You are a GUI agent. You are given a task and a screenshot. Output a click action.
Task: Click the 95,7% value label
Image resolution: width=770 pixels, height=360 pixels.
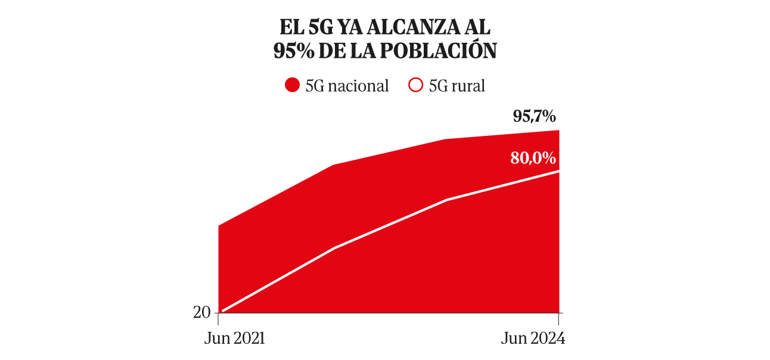click(x=534, y=117)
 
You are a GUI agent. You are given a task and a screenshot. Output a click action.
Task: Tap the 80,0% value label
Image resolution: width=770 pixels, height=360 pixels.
click(x=533, y=159)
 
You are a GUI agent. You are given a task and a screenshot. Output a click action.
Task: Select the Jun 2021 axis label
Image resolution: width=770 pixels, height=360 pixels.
click(x=234, y=339)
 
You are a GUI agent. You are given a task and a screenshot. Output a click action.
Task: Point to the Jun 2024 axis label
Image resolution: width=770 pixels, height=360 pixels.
click(x=532, y=339)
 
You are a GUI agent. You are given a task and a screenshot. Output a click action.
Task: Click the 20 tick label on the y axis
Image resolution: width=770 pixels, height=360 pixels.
click(x=201, y=312)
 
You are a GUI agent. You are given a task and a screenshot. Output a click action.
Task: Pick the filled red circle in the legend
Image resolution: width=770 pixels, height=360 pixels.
click(x=292, y=86)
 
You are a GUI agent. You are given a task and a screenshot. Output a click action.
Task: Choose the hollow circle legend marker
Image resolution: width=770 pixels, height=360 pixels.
click(x=415, y=86)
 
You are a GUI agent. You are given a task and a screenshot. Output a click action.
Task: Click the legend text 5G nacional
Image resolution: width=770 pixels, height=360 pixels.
click(x=347, y=86)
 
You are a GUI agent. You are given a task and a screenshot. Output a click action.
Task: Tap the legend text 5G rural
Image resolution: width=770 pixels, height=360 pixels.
click(x=457, y=86)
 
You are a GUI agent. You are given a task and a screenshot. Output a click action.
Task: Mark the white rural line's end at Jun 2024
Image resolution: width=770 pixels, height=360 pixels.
click(x=559, y=171)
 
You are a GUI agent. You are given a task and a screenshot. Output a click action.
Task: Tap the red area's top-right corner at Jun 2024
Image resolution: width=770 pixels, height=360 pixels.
click(x=559, y=131)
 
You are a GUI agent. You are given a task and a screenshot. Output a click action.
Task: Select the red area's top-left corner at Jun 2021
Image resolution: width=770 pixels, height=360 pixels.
click(x=219, y=226)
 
